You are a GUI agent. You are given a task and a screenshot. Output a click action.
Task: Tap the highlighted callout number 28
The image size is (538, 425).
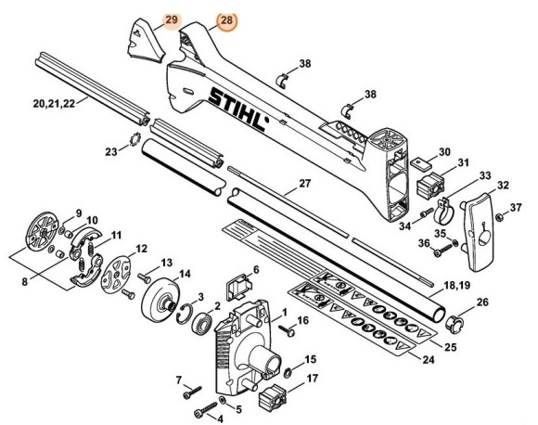[x=227, y=20]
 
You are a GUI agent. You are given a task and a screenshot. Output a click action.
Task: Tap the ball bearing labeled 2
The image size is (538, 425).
[x=199, y=325]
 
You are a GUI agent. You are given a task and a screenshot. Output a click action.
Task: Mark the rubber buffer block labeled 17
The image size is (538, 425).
[x=272, y=401]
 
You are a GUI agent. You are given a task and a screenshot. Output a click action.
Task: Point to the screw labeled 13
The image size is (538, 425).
[x=146, y=276]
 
